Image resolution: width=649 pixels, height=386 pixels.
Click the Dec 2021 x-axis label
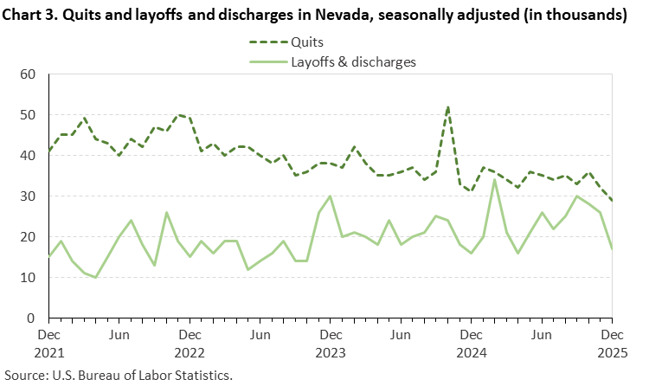click(x=49, y=343)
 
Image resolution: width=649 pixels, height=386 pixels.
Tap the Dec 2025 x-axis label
click(x=612, y=343)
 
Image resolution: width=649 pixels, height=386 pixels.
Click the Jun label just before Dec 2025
click(x=542, y=334)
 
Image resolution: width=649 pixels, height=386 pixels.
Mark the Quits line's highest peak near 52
click(x=447, y=107)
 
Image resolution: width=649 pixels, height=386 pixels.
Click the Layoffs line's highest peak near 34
click(x=494, y=180)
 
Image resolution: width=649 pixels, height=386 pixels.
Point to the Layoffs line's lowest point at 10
click(x=96, y=278)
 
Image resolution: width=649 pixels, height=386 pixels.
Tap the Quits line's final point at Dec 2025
click(x=612, y=201)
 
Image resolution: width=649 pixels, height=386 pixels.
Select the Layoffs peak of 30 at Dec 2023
click(x=331, y=196)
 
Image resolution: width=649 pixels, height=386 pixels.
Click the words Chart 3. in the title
click(x=37, y=15)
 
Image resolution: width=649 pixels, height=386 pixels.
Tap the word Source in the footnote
click(x=24, y=375)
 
